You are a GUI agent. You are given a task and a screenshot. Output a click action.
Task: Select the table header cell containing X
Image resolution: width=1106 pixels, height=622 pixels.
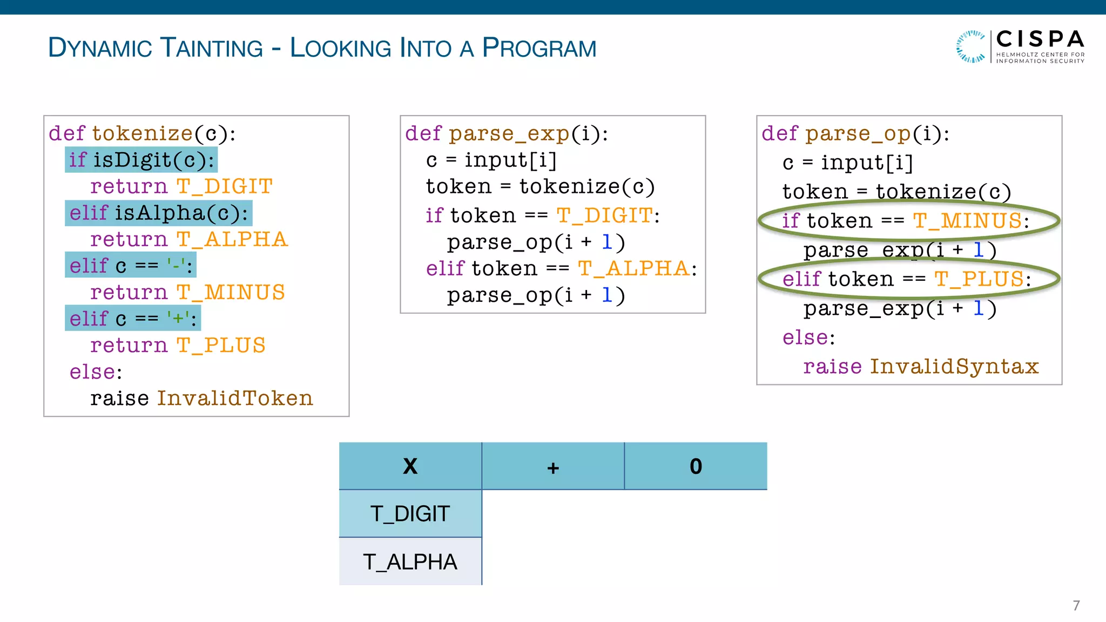(410, 466)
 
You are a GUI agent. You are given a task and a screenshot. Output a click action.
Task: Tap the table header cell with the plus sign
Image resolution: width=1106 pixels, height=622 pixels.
(552, 466)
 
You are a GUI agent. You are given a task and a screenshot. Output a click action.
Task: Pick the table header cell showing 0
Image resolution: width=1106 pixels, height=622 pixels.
(696, 466)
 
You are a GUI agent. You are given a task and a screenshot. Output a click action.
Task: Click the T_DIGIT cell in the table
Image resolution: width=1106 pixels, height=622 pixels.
(410, 513)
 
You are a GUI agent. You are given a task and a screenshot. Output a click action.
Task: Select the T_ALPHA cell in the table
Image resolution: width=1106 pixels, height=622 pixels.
(410, 562)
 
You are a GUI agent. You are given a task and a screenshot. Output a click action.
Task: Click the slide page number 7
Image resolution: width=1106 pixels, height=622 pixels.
(1076, 605)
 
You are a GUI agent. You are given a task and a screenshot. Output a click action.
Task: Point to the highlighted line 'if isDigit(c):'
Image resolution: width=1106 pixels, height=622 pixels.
(141, 160)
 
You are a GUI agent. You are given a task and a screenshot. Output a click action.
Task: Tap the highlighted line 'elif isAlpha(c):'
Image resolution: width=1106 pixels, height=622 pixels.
(158, 213)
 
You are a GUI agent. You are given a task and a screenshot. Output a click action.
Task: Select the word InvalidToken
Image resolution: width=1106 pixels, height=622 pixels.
(235, 398)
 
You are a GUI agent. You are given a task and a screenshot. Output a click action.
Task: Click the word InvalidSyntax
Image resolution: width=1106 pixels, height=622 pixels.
(954, 366)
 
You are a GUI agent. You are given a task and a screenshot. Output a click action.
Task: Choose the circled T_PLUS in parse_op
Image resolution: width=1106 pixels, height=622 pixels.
(979, 279)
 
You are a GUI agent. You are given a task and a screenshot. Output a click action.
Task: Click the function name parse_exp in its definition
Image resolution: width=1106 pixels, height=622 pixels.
(509, 133)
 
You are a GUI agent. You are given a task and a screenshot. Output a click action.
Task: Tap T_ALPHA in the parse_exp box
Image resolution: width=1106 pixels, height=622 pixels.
(633, 268)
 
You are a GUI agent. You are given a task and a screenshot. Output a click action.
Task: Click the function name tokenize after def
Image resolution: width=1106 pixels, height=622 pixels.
(142, 133)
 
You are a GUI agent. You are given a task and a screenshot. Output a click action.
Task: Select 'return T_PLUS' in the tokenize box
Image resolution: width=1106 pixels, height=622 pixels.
(178, 345)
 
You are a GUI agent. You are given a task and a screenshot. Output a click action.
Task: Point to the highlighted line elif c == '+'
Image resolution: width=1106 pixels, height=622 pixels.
(133, 319)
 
